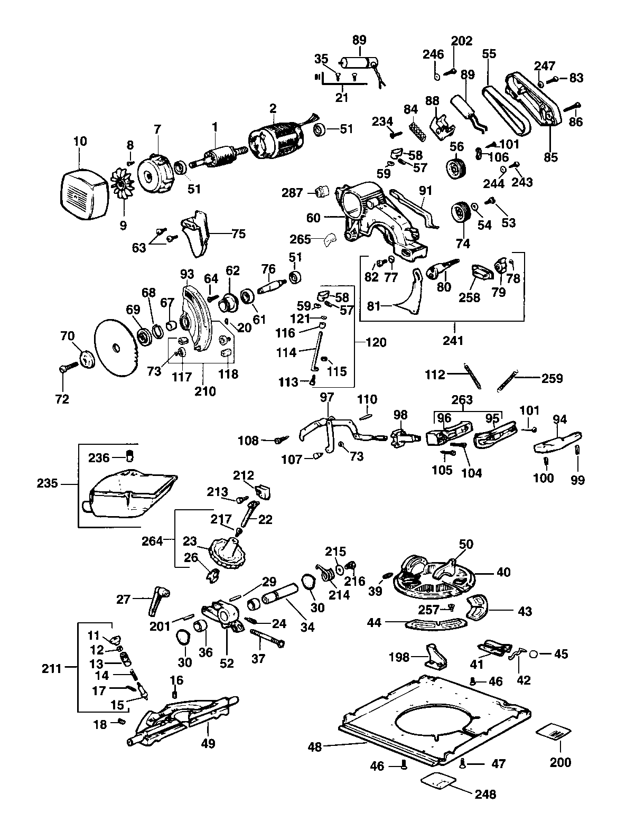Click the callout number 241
[453, 341]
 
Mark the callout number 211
[52, 668]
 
